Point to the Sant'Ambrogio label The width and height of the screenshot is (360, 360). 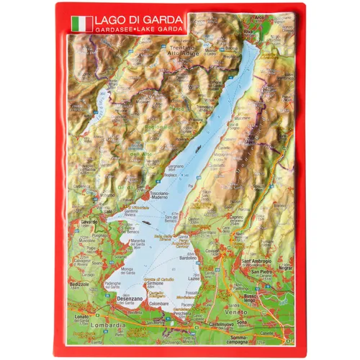(256, 261)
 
